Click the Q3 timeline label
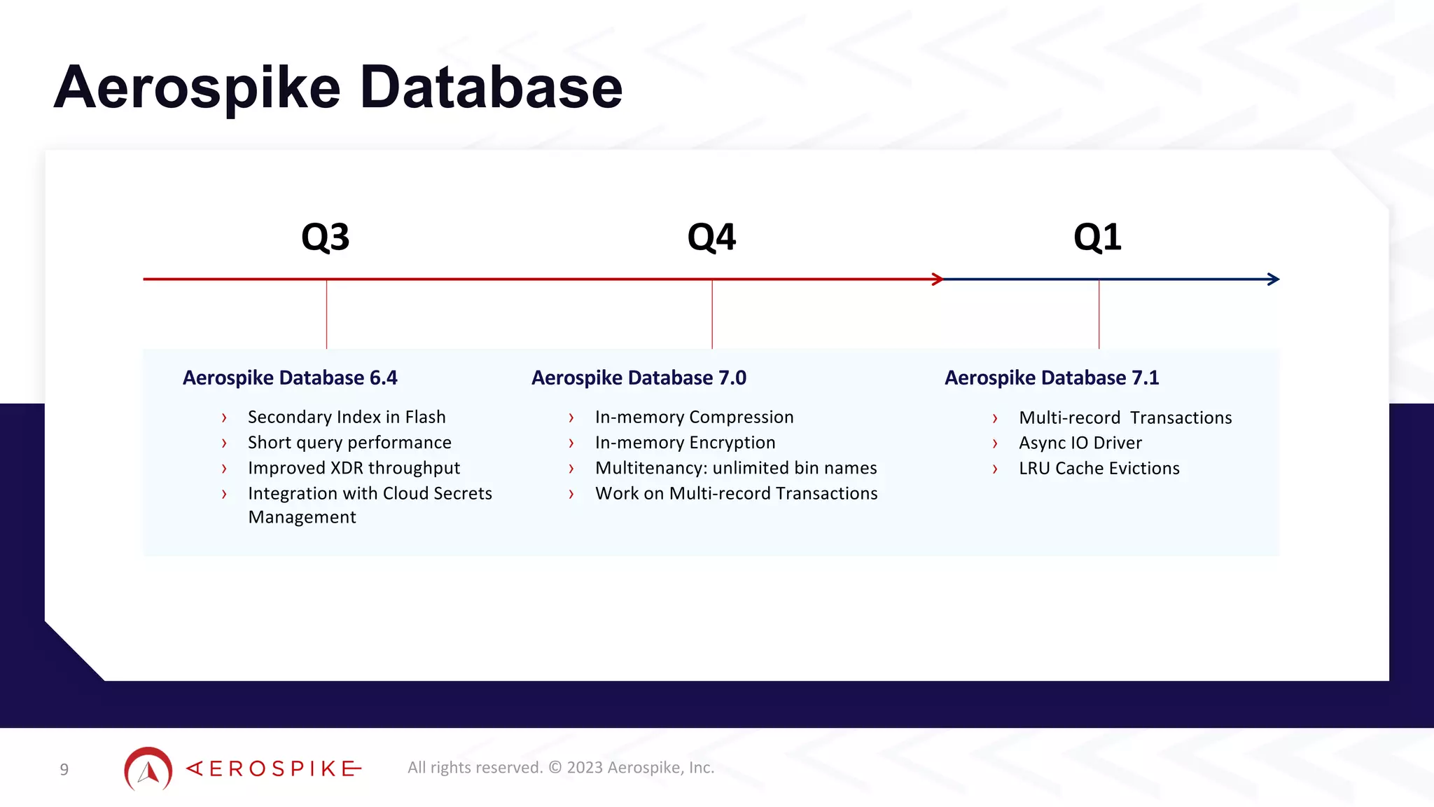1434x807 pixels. [x=326, y=237]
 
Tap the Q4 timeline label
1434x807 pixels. [x=711, y=237]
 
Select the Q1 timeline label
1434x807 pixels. [x=1097, y=237]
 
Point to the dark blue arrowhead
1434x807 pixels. [x=1274, y=280]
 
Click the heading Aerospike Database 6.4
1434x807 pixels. [x=290, y=378]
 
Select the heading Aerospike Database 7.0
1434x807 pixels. [x=639, y=378]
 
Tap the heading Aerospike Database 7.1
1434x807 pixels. [x=1052, y=378]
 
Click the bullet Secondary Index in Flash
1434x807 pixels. [x=347, y=417]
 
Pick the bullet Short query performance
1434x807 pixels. [x=349, y=443]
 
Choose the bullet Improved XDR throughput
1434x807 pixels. [x=354, y=468]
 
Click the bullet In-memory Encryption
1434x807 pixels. [x=685, y=443]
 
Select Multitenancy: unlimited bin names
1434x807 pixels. [x=736, y=468]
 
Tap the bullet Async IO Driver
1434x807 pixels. [x=1080, y=443]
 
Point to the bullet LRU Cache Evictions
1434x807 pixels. [x=1099, y=469]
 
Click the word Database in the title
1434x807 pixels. [x=491, y=88]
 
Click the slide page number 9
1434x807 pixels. [x=64, y=770]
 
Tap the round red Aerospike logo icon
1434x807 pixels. [x=148, y=769]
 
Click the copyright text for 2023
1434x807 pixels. [x=561, y=768]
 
